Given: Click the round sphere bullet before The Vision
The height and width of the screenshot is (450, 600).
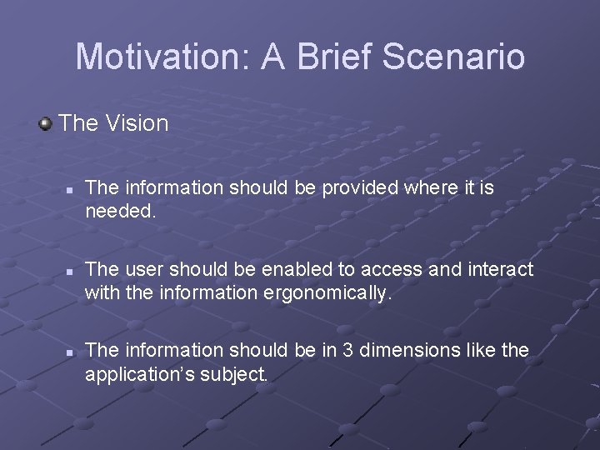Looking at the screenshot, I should [45, 124].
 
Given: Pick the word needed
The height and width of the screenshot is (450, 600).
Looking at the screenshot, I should [119, 211].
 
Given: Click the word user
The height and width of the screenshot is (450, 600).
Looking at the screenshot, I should [144, 269].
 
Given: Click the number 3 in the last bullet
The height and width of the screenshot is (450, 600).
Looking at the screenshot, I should [327, 350].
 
